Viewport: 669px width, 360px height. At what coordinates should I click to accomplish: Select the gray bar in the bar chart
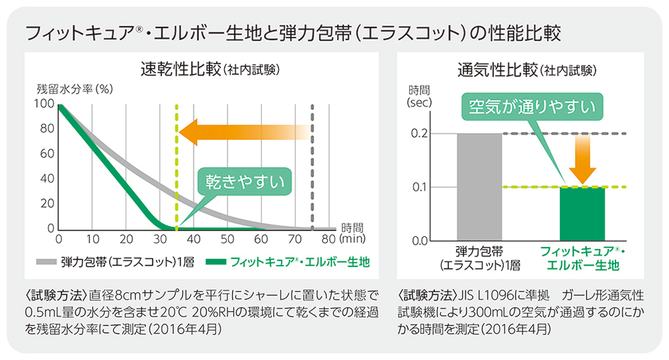click(478, 186)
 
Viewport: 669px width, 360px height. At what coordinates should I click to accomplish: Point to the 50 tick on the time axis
click(227, 239)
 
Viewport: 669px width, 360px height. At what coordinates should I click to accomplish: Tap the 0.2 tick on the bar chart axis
click(419, 133)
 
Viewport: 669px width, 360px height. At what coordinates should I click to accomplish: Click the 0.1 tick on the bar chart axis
click(419, 187)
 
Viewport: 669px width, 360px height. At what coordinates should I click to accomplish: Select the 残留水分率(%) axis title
click(74, 88)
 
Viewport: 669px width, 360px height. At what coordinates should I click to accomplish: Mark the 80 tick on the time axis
click(328, 239)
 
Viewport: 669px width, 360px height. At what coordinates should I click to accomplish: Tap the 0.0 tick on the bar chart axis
click(419, 240)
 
